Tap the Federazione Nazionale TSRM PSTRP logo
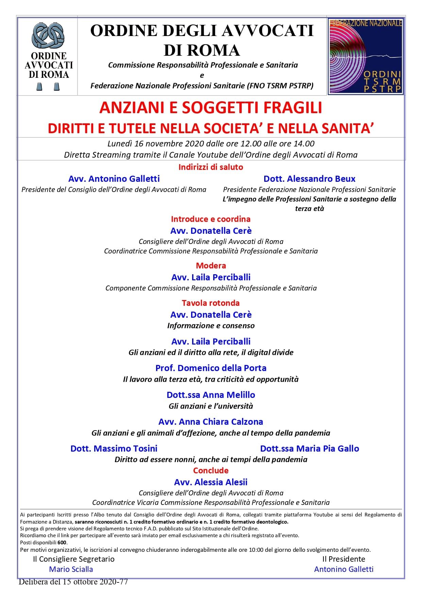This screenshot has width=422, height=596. [365, 56]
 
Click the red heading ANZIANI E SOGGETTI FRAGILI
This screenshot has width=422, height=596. [210, 108]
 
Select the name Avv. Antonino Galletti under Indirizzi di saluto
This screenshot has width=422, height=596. [114, 179]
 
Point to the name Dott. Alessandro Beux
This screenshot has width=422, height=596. [309, 179]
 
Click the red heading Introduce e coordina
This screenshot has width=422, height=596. [210, 219]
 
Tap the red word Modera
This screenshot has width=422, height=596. [211, 265]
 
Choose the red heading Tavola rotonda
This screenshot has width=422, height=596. [210, 303]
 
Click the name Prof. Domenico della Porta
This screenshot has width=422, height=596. [211, 368]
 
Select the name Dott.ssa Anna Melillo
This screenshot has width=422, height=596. [211, 395]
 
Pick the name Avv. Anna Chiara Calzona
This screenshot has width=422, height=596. [211, 422]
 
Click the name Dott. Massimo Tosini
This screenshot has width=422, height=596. [114, 449]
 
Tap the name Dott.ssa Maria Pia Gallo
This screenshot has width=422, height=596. [309, 449]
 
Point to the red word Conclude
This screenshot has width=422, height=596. [211, 471]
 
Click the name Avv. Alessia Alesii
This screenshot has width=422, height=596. [211, 482]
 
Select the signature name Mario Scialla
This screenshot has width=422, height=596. [71, 569]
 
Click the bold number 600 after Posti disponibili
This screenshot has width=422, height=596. [62, 542]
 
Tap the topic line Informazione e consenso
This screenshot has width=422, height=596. [211, 326]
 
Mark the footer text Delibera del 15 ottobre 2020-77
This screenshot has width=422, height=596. [73, 582]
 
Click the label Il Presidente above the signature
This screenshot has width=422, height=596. [343, 559]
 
